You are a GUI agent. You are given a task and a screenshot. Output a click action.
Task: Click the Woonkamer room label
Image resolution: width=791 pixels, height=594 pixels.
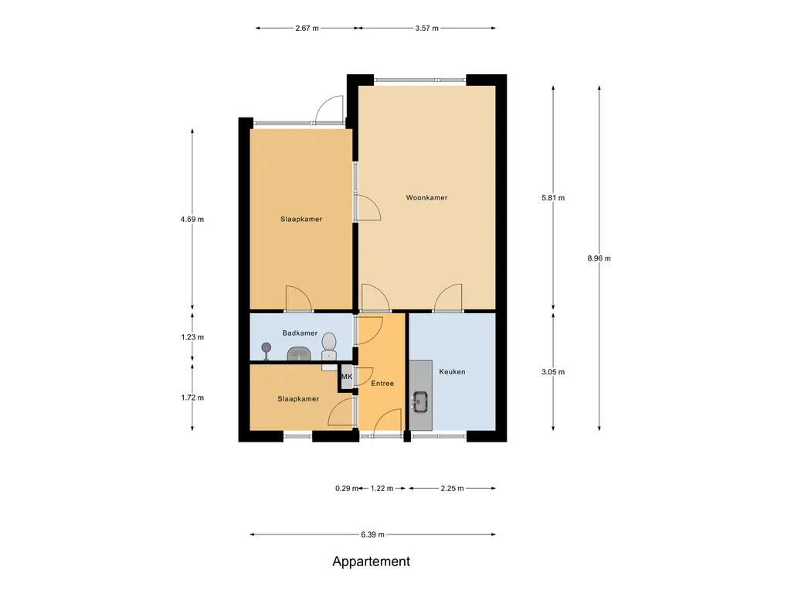(426, 197)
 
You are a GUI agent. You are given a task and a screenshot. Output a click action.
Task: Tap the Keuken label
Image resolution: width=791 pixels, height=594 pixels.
(452, 372)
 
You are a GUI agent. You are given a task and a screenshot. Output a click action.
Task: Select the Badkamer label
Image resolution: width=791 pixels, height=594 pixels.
(300, 333)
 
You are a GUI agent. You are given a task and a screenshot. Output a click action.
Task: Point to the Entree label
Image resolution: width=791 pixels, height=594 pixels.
(382, 384)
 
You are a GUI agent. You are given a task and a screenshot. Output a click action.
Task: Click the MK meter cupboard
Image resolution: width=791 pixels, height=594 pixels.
(347, 377)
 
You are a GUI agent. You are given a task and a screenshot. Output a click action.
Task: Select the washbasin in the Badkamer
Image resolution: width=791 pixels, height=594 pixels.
(300, 353)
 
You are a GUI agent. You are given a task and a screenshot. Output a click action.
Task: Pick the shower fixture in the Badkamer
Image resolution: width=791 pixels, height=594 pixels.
(266, 350)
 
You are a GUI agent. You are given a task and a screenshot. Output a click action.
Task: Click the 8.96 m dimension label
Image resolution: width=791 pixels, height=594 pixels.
(599, 258)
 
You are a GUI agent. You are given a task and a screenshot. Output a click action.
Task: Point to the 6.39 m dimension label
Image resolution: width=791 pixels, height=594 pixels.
(373, 534)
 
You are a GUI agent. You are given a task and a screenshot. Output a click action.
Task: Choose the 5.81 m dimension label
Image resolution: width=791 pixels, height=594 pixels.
(553, 198)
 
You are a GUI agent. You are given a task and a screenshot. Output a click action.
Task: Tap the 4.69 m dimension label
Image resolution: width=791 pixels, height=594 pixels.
(192, 219)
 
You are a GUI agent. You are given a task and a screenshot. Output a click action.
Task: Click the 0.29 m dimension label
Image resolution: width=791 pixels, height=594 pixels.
(347, 489)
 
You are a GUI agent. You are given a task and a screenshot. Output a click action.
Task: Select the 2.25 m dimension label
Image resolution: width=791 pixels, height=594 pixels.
(452, 489)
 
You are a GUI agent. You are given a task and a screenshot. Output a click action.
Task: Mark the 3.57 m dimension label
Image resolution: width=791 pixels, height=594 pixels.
(426, 29)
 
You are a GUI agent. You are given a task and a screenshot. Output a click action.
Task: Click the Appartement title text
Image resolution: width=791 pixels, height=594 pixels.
(372, 562)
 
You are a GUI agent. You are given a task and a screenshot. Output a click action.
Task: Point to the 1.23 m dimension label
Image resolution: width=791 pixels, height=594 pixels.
(192, 337)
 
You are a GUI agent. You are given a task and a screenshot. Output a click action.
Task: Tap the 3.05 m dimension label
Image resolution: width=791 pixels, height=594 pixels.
(553, 372)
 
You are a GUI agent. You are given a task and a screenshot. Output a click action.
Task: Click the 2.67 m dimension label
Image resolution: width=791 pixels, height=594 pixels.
(307, 29)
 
